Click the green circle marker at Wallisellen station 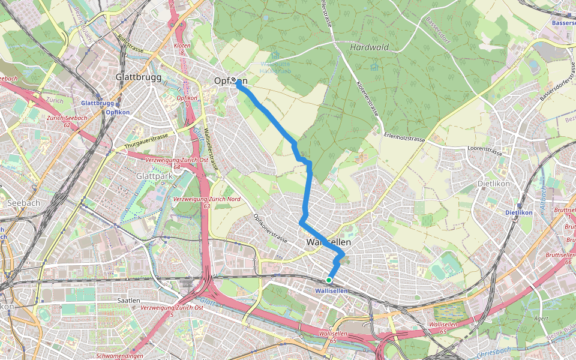tap(329, 280)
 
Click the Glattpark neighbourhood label tap(154, 176)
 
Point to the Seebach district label tap(23, 203)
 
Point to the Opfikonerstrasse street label tap(271, 228)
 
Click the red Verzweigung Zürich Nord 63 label tap(206, 202)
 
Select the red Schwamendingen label tap(119, 356)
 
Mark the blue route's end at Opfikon tap(238, 84)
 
